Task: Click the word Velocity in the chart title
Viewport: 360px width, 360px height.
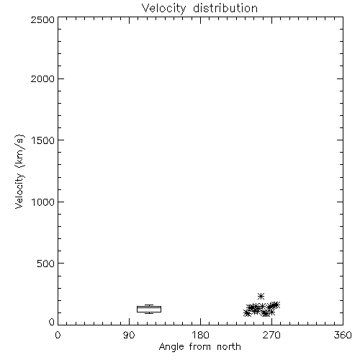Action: click(163, 9)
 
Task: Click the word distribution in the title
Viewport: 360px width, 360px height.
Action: click(225, 8)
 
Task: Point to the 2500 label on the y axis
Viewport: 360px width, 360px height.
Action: click(42, 19)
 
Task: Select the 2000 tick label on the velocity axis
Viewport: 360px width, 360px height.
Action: click(42, 78)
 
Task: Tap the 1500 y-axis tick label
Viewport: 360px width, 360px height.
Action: click(43, 140)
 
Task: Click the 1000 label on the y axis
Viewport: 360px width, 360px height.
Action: click(43, 202)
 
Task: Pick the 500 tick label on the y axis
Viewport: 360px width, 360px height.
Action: click(46, 264)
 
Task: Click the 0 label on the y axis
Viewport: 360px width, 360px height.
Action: click(52, 322)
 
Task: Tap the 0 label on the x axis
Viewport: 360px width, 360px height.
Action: click(58, 335)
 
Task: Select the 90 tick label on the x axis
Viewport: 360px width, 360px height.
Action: click(129, 335)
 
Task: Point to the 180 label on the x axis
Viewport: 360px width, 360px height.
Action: click(200, 335)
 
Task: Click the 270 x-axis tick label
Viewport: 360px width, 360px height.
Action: click(271, 335)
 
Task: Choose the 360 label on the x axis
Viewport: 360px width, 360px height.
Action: click(343, 335)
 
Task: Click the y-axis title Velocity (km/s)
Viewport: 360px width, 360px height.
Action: click(19, 171)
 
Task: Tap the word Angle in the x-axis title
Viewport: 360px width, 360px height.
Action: click(171, 347)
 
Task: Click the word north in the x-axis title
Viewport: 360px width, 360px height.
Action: click(229, 347)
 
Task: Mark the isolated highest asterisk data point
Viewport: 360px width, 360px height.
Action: click(261, 296)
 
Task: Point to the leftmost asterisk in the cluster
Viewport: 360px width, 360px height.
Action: click(247, 313)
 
